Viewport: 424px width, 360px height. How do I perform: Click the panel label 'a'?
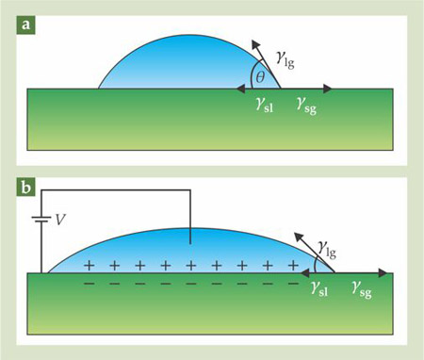(25, 25)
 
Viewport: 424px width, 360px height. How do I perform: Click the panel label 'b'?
(25, 188)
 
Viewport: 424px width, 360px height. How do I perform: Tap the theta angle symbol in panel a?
(260, 77)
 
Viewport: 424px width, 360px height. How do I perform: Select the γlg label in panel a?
(285, 59)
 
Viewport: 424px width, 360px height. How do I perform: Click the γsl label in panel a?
(265, 105)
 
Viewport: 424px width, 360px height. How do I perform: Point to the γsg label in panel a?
(306, 106)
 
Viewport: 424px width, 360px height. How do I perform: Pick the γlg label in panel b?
(327, 250)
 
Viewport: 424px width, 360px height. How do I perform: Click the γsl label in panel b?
(319, 289)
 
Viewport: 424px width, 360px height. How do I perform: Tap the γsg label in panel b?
(362, 289)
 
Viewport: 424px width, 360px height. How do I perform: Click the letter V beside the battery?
(60, 220)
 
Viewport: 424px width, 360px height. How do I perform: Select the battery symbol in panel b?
(41, 219)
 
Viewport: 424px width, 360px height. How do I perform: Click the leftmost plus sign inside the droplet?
(89, 266)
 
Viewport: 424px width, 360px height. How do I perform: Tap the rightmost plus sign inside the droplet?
(293, 266)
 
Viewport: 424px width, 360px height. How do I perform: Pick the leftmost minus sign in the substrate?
(89, 284)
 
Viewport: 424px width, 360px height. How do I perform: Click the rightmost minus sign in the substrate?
(293, 284)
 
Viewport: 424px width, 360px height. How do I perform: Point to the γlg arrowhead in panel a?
(256, 45)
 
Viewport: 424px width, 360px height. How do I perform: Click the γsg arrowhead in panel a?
(328, 89)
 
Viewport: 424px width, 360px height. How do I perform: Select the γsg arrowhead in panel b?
(383, 273)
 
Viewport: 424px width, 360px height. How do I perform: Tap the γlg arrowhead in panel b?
(299, 237)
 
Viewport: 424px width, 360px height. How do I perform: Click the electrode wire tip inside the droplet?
(190, 243)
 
